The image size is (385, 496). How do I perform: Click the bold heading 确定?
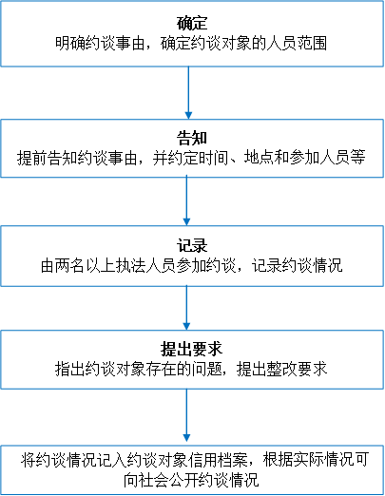192,23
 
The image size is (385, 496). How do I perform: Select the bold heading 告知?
192,138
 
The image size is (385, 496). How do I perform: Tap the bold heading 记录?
192,245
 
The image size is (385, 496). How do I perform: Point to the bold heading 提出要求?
192,349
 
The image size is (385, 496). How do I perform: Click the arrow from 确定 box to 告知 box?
188,92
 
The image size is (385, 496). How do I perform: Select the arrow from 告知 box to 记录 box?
186,201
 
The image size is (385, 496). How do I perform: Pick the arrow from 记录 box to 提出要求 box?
186,308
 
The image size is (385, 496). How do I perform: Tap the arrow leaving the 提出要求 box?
186,415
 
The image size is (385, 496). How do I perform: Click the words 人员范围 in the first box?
297,43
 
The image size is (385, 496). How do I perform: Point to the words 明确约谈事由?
100,43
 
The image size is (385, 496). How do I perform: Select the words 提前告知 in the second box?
47,158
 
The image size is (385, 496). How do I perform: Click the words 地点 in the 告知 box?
259,158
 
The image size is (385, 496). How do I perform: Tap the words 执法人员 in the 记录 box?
145,265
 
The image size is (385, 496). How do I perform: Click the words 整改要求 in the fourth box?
297,369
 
